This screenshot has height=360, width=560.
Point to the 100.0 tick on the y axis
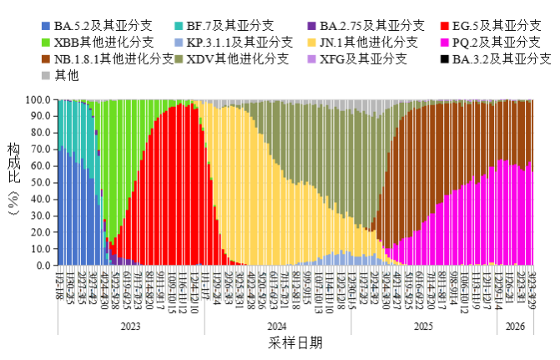pyautogui.click(x=40, y=99)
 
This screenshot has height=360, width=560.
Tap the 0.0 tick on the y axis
pyautogui.click(x=45, y=266)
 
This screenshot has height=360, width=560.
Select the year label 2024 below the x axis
pyautogui.click(x=276, y=327)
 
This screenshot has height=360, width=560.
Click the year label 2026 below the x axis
pyautogui.click(x=516, y=327)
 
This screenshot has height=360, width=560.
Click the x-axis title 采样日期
pyautogui.click(x=295, y=343)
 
